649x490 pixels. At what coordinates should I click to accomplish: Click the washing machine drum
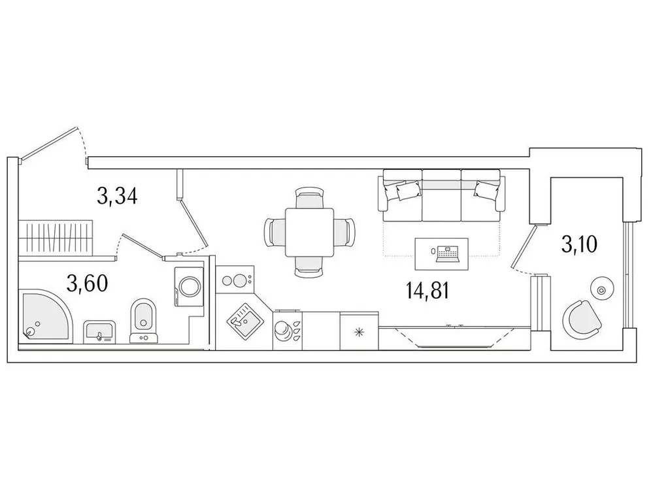click(x=190, y=286)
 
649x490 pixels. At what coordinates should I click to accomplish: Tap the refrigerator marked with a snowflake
click(x=359, y=332)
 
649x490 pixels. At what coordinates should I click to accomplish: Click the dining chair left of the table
click(x=274, y=231)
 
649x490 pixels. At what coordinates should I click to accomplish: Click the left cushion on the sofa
click(x=406, y=190)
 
